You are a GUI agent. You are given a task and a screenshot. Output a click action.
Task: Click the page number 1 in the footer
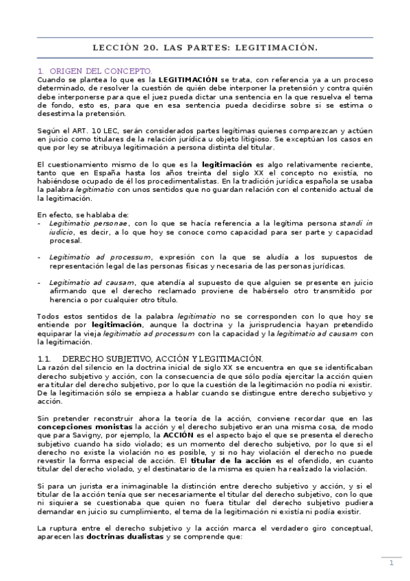(x=391, y=563)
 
